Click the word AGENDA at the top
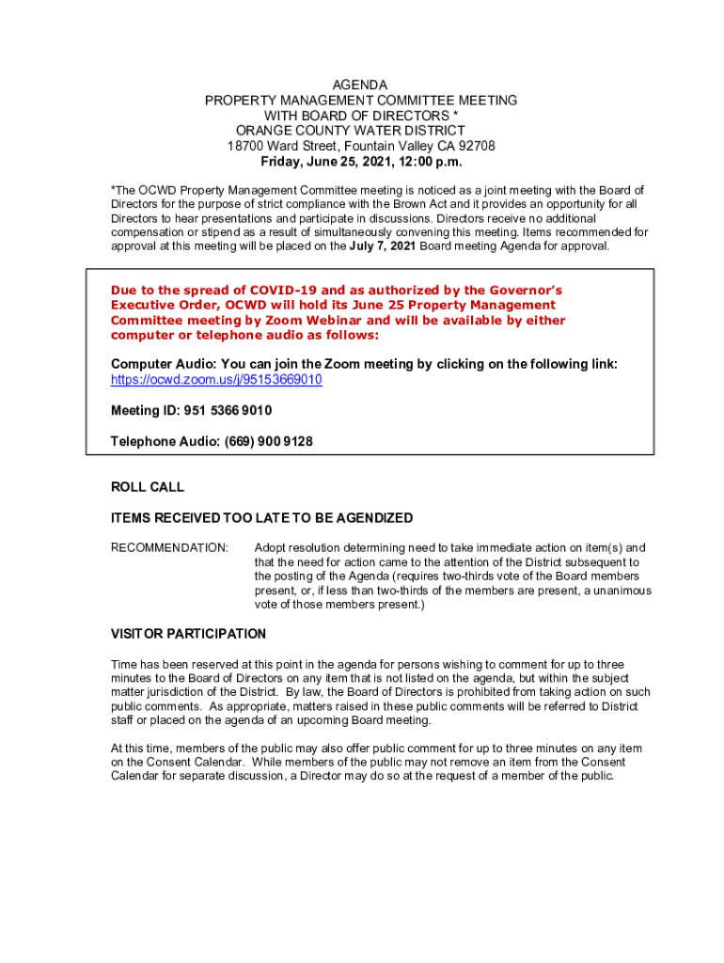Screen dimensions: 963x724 [x=361, y=86]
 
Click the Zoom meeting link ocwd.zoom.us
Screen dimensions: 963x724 [x=216, y=380]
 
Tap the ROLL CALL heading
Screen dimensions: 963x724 [x=148, y=487]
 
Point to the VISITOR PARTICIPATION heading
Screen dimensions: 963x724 [x=188, y=634]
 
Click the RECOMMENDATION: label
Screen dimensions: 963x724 [x=169, y=547]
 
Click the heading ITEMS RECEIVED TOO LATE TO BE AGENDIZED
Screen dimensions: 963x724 [x=261, y=518]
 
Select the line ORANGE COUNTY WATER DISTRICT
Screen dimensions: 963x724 [x=350, y=131]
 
